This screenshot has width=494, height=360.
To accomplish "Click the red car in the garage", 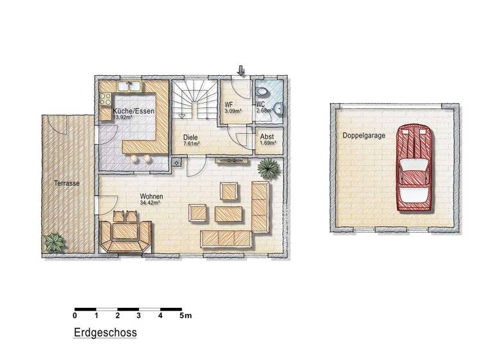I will (x=415, y=168).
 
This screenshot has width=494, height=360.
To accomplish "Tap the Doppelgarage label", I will (x=356, y=136).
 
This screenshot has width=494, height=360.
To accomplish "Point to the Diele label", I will (x=190, y=137).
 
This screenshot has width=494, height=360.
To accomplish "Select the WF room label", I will (x=228, y=105).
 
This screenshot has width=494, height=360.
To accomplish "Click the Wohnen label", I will (x=151, y=196).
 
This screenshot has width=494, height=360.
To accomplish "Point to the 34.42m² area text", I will (x=150, y=203).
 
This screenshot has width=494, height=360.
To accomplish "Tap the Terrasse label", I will (x=66, y=183).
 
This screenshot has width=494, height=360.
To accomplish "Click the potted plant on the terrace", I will (x=54, y=242).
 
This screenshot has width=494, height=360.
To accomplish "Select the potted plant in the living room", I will (x=268, y=169).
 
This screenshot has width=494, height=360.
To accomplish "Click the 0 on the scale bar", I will (x=75, y=316).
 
